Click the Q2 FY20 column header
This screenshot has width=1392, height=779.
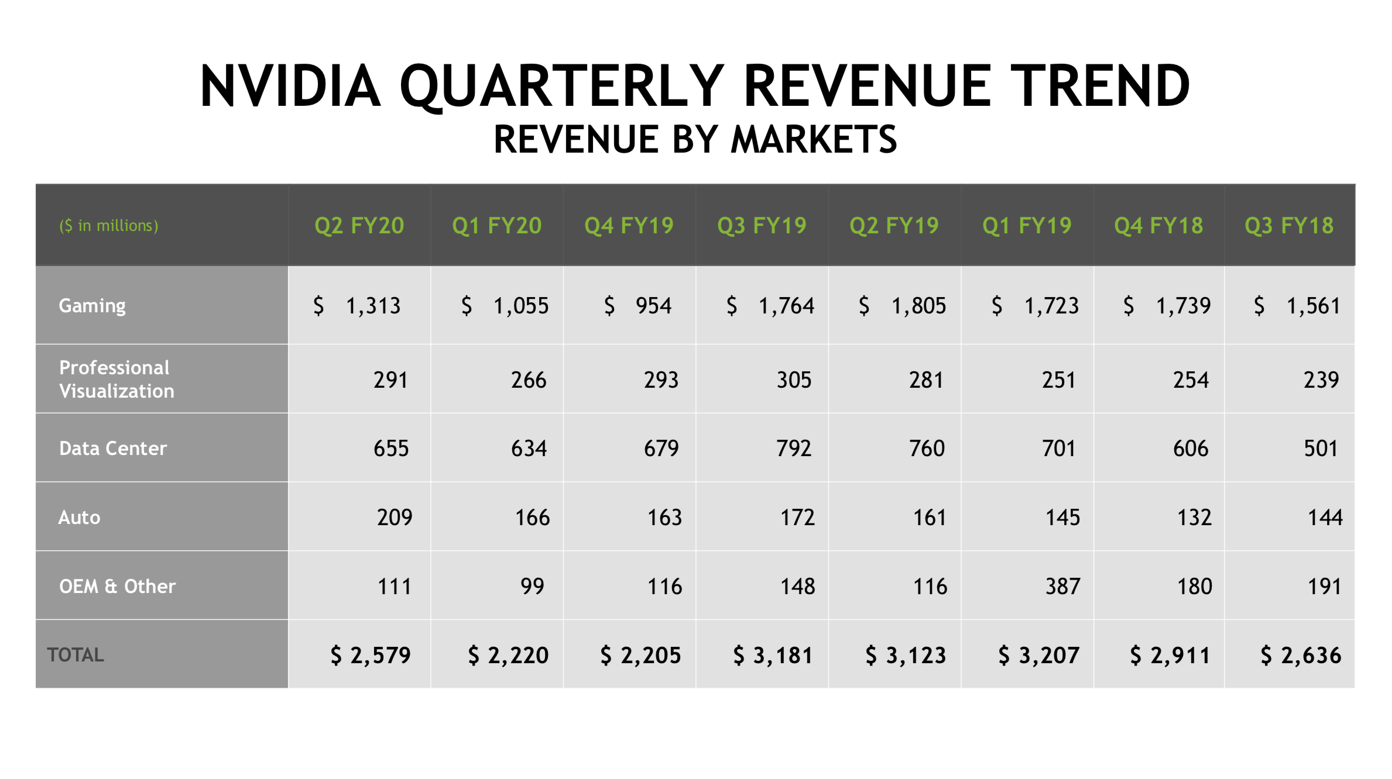tap(359, 226)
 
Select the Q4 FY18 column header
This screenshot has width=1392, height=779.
tap(1158, 226)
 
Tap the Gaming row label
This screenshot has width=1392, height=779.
tap(92, 306)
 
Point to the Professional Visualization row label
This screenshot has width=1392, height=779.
tap(116, 379)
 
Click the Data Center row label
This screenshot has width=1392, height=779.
tap(113, 449)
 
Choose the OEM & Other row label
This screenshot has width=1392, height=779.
tap(117, 586)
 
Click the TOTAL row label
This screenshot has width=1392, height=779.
tap(76, 654)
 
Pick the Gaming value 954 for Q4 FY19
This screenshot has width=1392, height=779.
tap(653, 306)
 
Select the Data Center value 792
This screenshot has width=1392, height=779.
tap(794, 449)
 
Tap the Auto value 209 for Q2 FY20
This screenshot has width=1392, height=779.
tap(395, 518)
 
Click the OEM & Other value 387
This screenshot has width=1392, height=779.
tap(1062, 586)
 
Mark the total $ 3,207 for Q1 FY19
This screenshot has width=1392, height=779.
tap(1038, 656)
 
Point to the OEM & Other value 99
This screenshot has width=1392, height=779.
tap(532, 586)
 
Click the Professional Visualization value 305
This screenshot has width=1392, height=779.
tap(794, 380)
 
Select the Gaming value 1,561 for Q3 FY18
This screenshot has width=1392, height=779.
tap(1313, 306)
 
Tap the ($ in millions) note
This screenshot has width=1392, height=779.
tap(109, 226)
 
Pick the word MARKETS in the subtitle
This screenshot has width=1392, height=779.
tap(814, 140)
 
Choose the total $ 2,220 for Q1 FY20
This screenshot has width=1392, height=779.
tap(508, 656)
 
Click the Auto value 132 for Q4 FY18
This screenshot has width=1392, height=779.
tap(1194, 518)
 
